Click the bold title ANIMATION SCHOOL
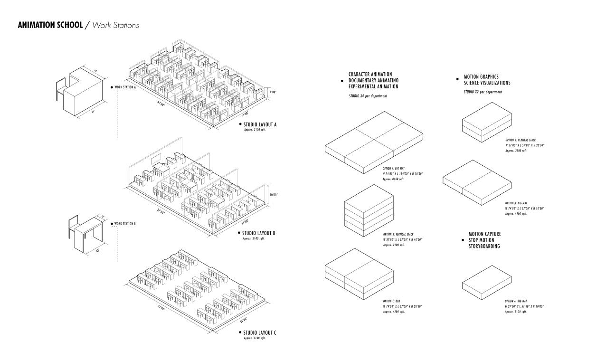[x=49, y=25]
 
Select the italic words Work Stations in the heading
[x=116, y=25]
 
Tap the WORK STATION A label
[x=125, y=87]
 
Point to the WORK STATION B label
[x=125, y=224]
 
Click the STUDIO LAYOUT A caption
[x=260, y=125]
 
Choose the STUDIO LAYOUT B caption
[x=258, y=233]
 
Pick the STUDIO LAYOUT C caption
[x=259, y=332]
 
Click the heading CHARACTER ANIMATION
[x=370, y=75]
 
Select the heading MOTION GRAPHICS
[x=481, y=76]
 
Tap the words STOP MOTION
[x=482, y=240]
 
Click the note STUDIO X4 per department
[x=368, y=96]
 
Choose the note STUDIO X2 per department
[x=483, y=92]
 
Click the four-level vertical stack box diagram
[x=369, y=210]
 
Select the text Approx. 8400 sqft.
[x=393, y=180]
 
